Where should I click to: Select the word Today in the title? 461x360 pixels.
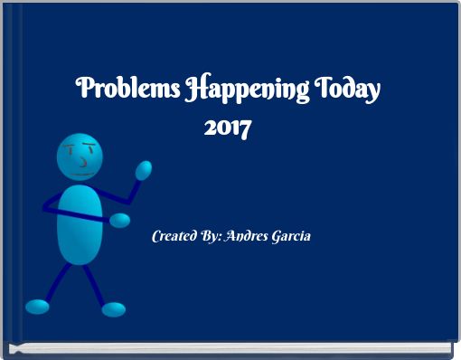click(x=348, y=91)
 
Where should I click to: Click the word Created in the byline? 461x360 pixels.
click(x=175, y=236)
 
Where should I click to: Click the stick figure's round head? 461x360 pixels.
click(x=80, y=156)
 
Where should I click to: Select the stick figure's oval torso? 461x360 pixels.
click(x=80, y=221)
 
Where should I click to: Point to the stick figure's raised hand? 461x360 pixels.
click(x=143, y=170)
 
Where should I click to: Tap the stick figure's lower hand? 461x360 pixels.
click(x=119, y=220)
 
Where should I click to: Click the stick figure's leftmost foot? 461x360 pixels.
click(x=37, y=306)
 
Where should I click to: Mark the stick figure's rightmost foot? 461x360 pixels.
click(x=113, y=309)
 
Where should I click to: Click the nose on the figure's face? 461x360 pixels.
click(x=83, y=161)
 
